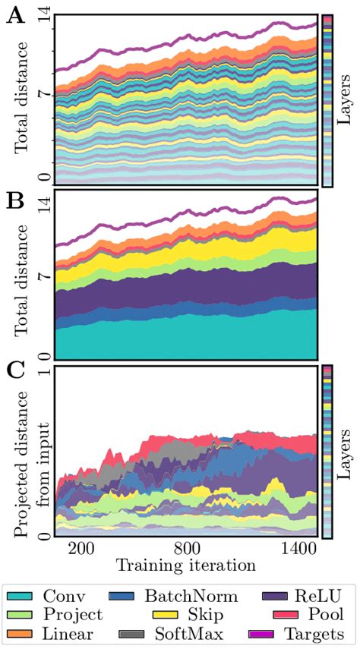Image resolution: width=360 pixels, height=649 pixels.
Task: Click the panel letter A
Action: click(x=14, y=15)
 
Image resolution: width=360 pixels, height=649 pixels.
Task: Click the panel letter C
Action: click(x=14, y=372)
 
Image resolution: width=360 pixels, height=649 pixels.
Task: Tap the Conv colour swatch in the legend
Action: click(x=24, y=597)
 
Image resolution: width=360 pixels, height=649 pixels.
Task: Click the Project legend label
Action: click(x=73, y=615)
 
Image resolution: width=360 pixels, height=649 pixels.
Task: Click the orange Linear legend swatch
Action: click(x=24, y=633)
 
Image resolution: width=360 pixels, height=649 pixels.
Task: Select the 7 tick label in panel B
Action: click(x=45, y=274)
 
